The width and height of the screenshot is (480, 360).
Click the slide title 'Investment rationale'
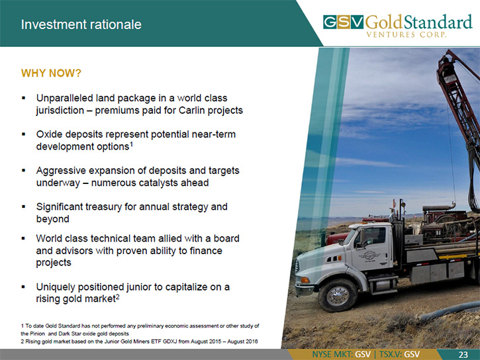point(81,24)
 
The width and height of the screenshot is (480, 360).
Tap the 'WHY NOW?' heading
point(51,73)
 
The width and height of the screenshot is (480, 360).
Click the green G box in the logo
point(330,22)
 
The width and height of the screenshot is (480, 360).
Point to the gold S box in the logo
point(344,22)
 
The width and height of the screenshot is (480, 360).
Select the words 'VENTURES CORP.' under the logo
point(407,34)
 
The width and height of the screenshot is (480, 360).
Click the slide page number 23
point(463,355)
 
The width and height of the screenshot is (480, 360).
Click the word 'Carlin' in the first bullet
point(192,110)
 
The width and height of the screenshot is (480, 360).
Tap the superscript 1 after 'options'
point(131,144)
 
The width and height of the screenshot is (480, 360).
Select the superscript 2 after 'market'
point(117,296)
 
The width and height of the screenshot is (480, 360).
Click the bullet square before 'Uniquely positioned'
point(23,287)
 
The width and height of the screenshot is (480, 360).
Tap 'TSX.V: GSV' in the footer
point(399,355)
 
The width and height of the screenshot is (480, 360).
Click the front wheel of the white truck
point(338,295)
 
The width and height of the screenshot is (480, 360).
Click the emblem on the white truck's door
point(369,256)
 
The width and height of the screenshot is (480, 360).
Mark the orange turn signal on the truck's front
point(305,280)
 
